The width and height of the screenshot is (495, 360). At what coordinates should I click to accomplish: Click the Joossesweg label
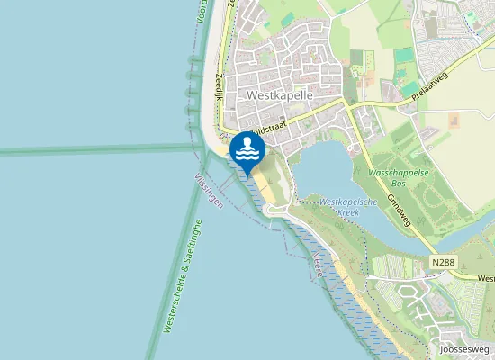[x=464, y=349]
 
